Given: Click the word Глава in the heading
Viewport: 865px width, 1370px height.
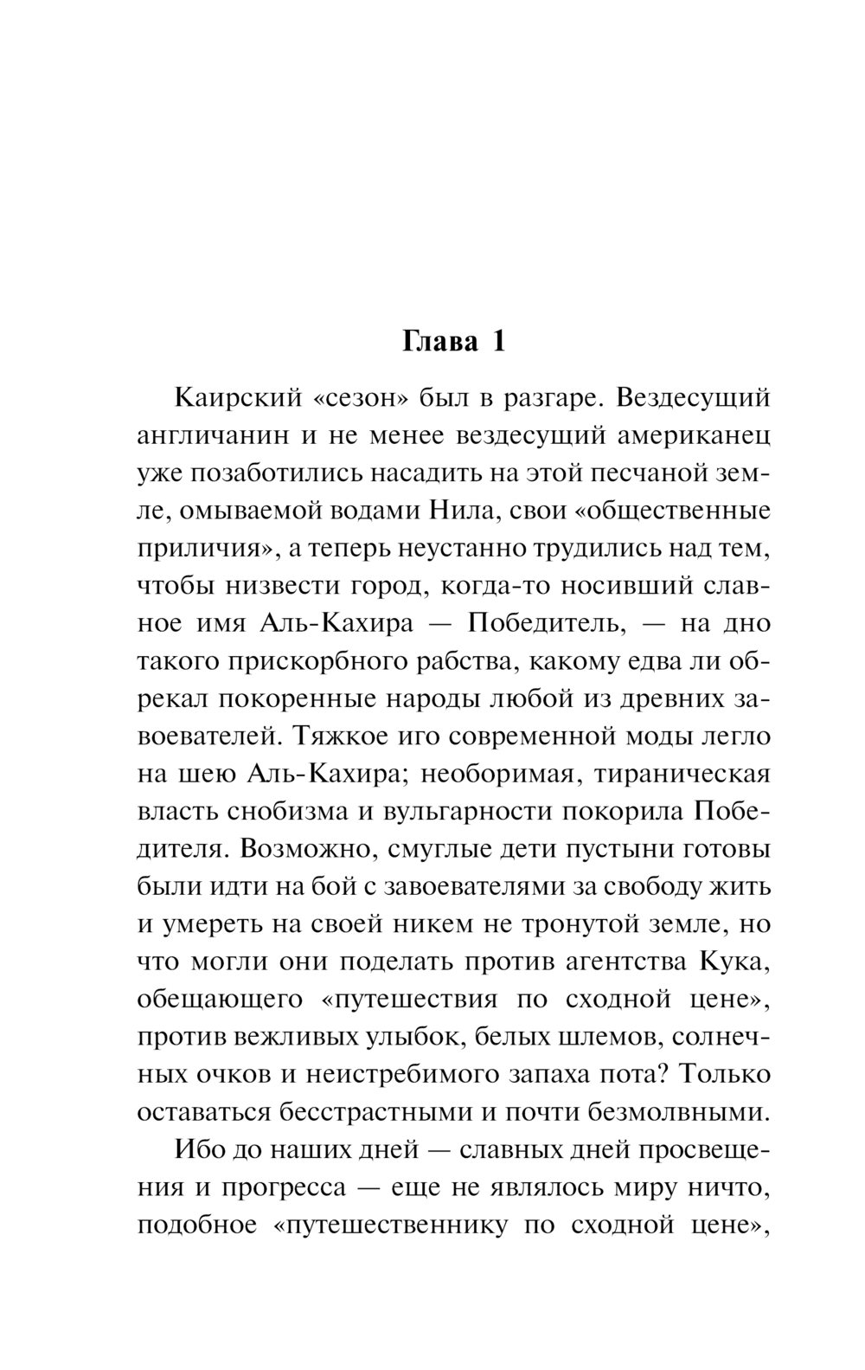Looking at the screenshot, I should click(440, 342).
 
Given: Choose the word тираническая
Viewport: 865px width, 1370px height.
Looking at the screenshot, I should click(682, 773).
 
